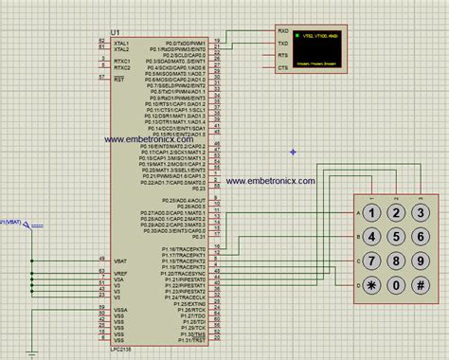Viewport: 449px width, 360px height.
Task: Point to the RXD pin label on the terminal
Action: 283,31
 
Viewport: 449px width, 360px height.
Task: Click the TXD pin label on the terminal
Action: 283,44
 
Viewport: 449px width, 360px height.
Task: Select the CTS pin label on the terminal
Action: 283,68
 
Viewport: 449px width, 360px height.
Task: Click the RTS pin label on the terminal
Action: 283,56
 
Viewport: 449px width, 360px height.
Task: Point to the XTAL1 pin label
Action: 122,43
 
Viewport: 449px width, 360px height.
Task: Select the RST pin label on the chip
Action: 119,80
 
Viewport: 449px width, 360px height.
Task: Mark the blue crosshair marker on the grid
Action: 294,152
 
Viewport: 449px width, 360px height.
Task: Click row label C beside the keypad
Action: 357,260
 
